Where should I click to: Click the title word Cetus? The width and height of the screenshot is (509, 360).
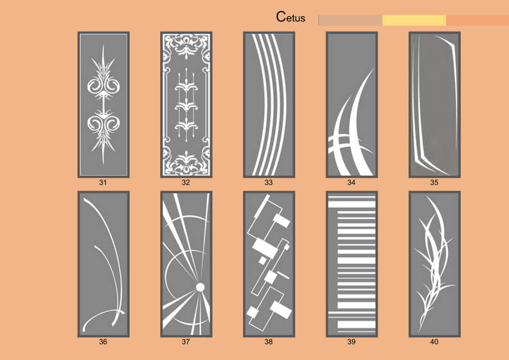click(x=290, y=17)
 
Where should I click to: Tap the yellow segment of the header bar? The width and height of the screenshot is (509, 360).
click(x=415, y=20)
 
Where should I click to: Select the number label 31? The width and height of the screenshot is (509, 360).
click(x=103, y=183)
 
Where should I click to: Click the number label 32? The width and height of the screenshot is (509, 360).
click(x=186, y=183)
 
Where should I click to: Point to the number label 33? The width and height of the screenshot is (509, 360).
click(x=269, y=183)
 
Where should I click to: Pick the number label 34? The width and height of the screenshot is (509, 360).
click(x=352, y=183)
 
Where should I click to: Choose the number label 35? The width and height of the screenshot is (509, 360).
click(x=434, y=183)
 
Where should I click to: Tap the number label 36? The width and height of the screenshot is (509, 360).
click(x=103, y=342)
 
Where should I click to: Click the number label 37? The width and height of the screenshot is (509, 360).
click(x=186, y=342)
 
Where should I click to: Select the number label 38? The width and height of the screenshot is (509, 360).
click(x=269, y=342)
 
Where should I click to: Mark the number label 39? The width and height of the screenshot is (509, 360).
click(x=352, y=342)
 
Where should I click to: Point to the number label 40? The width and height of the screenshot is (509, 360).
click(x=434, y=342)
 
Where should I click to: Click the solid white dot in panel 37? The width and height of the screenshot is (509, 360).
click(x=201, y=287)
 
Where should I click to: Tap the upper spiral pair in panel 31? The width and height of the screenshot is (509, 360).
click(x=103, y=85)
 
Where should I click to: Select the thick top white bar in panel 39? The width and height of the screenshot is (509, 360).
click(x=352, y=204)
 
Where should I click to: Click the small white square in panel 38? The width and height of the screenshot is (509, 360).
click(x=262, y=260)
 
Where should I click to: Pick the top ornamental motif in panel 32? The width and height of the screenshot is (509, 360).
click(x=186, y=46)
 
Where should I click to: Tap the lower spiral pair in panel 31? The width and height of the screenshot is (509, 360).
click(x=103, y=123)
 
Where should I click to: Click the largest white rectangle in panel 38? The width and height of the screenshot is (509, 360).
click(x=265, y=249)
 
